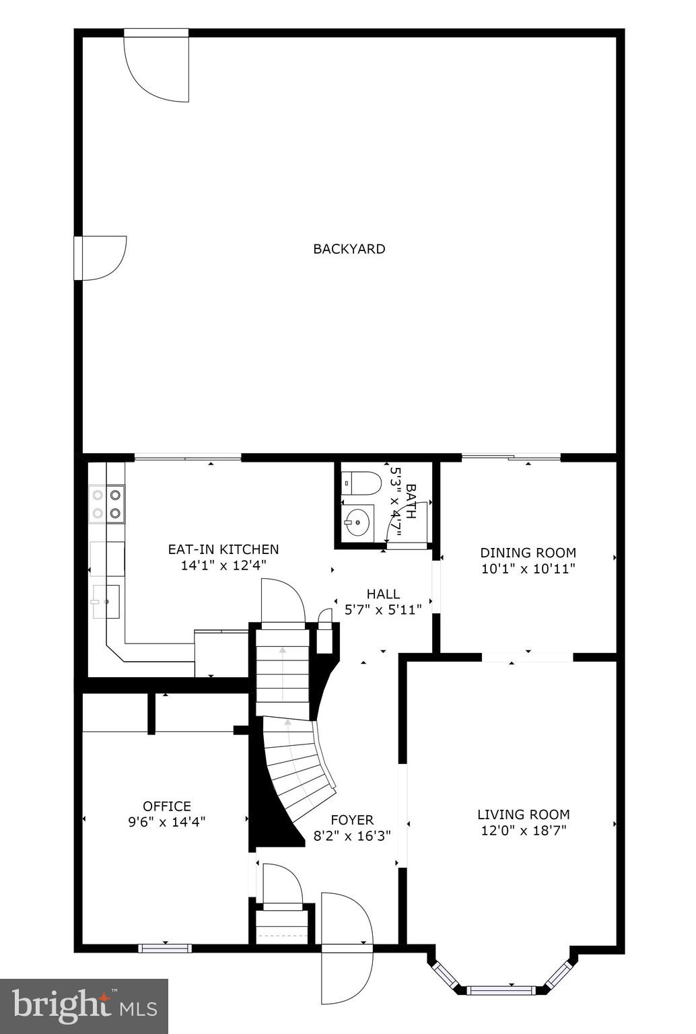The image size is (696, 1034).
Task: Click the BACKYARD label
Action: coord(349,249)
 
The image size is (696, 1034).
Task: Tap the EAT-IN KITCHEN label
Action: coord(223,549)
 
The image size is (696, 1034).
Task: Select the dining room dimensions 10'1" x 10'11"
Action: coord(528,568)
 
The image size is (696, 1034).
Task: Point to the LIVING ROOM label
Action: coord(523,814)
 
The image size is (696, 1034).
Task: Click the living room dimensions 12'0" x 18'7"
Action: coord(523,830)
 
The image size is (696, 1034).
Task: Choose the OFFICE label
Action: coord(166,806)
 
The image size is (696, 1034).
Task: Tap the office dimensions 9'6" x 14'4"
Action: coord(166,821)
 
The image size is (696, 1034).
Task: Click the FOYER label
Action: coord(351,820)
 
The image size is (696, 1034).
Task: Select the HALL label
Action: coord(383,594)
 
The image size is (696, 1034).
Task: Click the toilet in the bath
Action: coord(361,482)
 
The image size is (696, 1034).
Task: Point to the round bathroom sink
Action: coord(357,521)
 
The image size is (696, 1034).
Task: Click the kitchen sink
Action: coord(106,601)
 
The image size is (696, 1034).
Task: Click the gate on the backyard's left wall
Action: coord(101,258)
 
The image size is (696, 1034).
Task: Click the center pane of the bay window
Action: coord(500,990)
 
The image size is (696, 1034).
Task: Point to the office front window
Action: coord(165,949)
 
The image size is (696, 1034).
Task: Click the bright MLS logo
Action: coord(84,1006)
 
